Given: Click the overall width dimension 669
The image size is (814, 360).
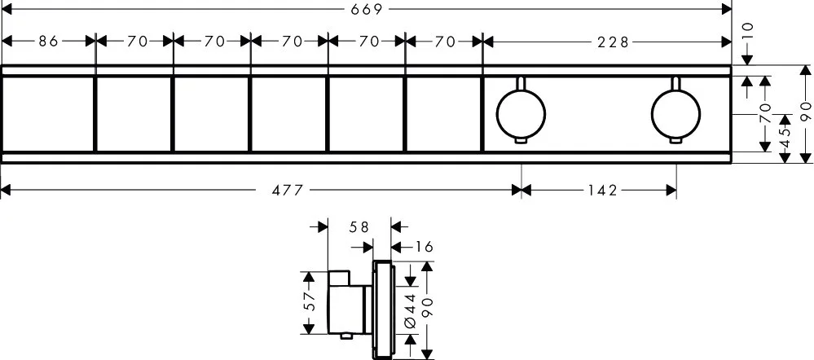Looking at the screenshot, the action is [367, 9].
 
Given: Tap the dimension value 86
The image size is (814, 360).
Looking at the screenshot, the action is [48, 41].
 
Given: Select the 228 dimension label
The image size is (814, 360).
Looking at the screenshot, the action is [613, 42].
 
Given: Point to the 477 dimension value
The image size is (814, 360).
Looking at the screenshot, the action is [287, 191].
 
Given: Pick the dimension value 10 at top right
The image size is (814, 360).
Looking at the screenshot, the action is [748, 31].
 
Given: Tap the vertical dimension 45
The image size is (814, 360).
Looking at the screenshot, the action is [785, 138].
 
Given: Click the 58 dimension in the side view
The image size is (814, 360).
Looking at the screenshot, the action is [359, 226].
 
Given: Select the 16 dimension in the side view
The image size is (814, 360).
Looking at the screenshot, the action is [425, 247].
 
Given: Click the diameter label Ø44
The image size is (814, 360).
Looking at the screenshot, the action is [410, 310].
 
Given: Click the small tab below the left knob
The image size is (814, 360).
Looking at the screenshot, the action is [521, 140].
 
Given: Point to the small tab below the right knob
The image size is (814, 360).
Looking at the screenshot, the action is [675, 140].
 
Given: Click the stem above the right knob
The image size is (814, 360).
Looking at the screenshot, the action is [675, 84].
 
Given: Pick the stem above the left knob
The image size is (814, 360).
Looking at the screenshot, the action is [521, 84].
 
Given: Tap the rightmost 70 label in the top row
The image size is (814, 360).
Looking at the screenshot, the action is [445, 42].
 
